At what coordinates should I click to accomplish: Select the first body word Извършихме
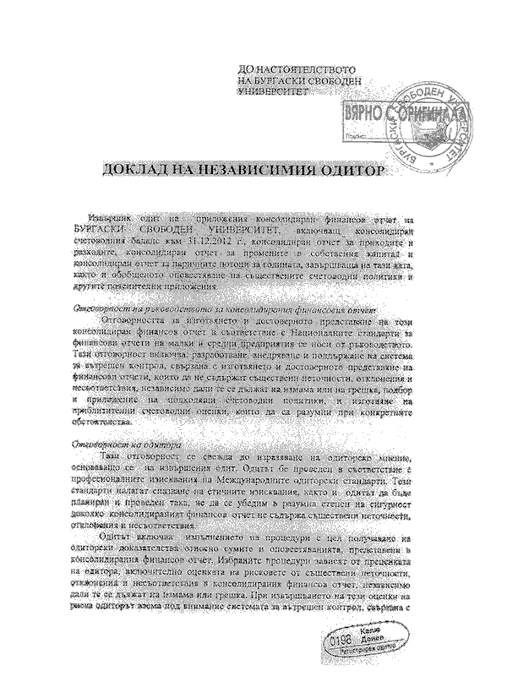pos(118,218)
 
